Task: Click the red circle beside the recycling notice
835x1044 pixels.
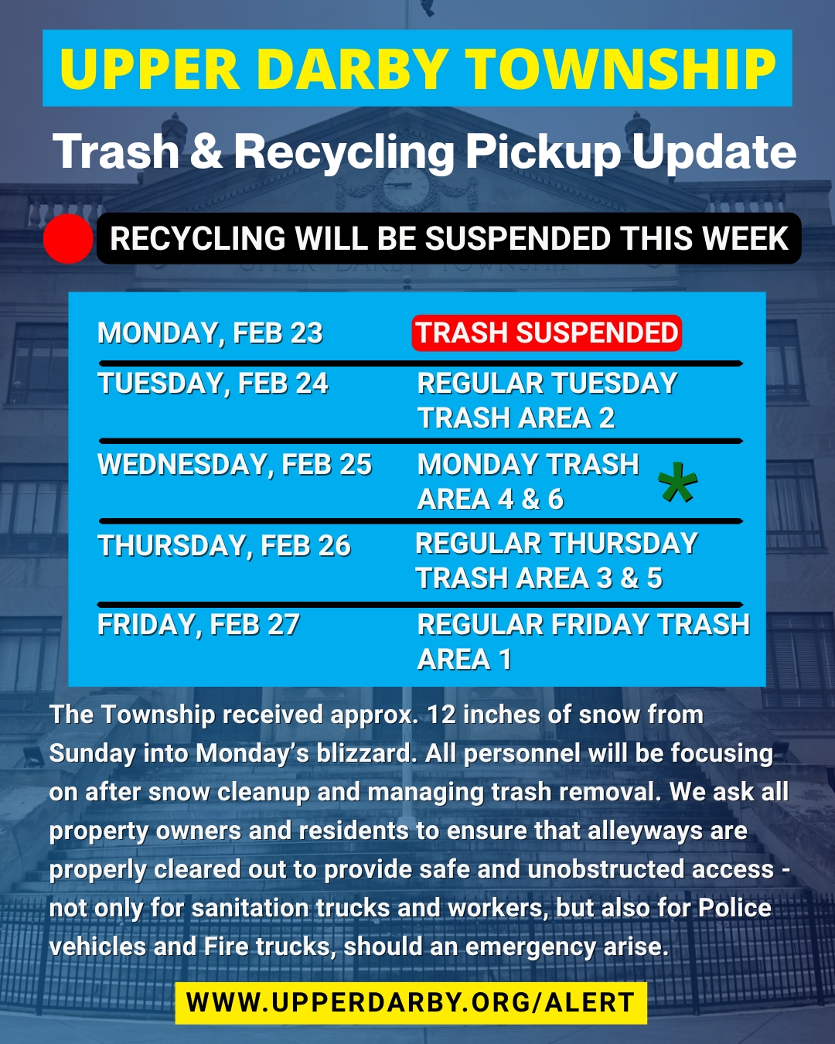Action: click(x=68, y=239)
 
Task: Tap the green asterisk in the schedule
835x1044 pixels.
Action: click(x=677, y=482)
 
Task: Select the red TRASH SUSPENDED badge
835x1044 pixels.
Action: click(x=547, y=333)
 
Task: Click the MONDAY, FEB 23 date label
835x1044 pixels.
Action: click(x=210, y=333)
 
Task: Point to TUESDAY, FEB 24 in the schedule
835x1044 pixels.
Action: click(x=213, y=384)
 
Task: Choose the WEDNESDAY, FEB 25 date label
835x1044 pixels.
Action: click(x=235, y=465)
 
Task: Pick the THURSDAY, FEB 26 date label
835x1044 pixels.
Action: click(x=224, y=546)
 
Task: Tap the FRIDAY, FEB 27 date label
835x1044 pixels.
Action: click(x=199, y=624)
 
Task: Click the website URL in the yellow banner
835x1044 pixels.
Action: click(x=411, y=1002)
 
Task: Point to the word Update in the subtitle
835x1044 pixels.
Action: click(x=714, y=152)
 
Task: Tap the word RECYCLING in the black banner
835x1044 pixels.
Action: click(x=197, y=238)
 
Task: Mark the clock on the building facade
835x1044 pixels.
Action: click(x=407, y=187)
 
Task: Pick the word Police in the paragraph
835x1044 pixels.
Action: click(x=734, y=908)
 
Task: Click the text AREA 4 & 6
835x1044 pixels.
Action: click(x=490, y=500)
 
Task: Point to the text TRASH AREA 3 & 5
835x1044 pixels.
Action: click(x=539, y=578)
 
